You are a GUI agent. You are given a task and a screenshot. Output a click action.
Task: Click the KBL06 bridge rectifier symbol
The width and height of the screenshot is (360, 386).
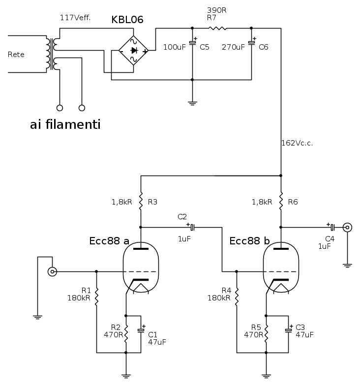click(x=134, y=50)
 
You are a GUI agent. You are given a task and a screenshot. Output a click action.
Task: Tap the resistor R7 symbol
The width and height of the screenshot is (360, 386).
click(x=217, y=28)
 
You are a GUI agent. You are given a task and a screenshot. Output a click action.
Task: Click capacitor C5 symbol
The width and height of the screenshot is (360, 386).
click(x=192, y=43)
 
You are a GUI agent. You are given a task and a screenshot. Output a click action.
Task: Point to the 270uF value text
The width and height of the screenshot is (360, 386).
click(x=233, y=48)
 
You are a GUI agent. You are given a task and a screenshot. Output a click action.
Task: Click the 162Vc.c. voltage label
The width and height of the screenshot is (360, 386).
click(x=297, y=143)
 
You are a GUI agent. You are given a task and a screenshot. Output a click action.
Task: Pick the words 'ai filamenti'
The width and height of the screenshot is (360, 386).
click(x=65, y=125)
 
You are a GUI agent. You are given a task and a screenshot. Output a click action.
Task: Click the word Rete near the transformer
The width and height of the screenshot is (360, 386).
click(x=16, y=54)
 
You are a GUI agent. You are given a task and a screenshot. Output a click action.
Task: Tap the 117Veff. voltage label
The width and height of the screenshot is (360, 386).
click(x=76, y=18)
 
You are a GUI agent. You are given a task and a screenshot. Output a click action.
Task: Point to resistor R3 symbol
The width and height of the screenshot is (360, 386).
click(x=141, y=201)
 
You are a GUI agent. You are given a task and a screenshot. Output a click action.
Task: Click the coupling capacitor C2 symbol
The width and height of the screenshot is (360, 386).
click(x=192, y=227)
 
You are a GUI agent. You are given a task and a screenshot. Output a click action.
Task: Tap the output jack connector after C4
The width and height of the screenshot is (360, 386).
click(x=347, y=227)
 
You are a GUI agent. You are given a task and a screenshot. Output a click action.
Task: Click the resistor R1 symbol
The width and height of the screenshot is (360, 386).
click(x=96, y=297)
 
